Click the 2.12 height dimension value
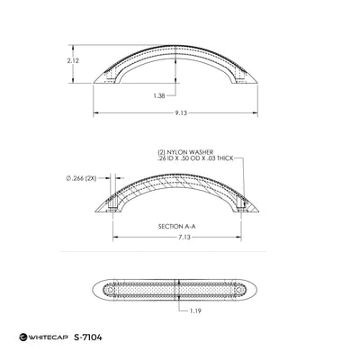tap(73, 60)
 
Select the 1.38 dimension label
tap(159, 96)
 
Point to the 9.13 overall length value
tap(181, 112)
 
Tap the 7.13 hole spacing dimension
tap(184, 238)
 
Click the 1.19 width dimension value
tap(195, 310)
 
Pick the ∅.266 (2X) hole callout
tap(81, 178)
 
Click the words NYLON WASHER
tap(190, 152)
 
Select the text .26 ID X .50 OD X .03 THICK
tap(195, 158)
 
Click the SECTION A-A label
tap(176, 227)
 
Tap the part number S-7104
tap(88, 337)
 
